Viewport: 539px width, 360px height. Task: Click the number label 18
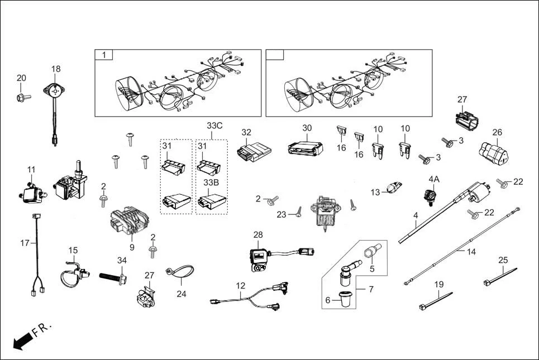click(x=56, y=69)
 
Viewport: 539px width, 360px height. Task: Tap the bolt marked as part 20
click(x=22, y=98)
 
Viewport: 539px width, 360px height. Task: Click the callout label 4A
click(x=434, y=179)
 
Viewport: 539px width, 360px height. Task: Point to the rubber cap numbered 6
click(x=342, y=300)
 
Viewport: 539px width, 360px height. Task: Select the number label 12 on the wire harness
click(x=240, y=285)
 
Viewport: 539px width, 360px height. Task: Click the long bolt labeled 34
click(x=115, y=275)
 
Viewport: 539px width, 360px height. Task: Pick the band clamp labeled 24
click(x=175, y=273)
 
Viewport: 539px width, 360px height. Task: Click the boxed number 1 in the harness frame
click(x=103, y=55)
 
